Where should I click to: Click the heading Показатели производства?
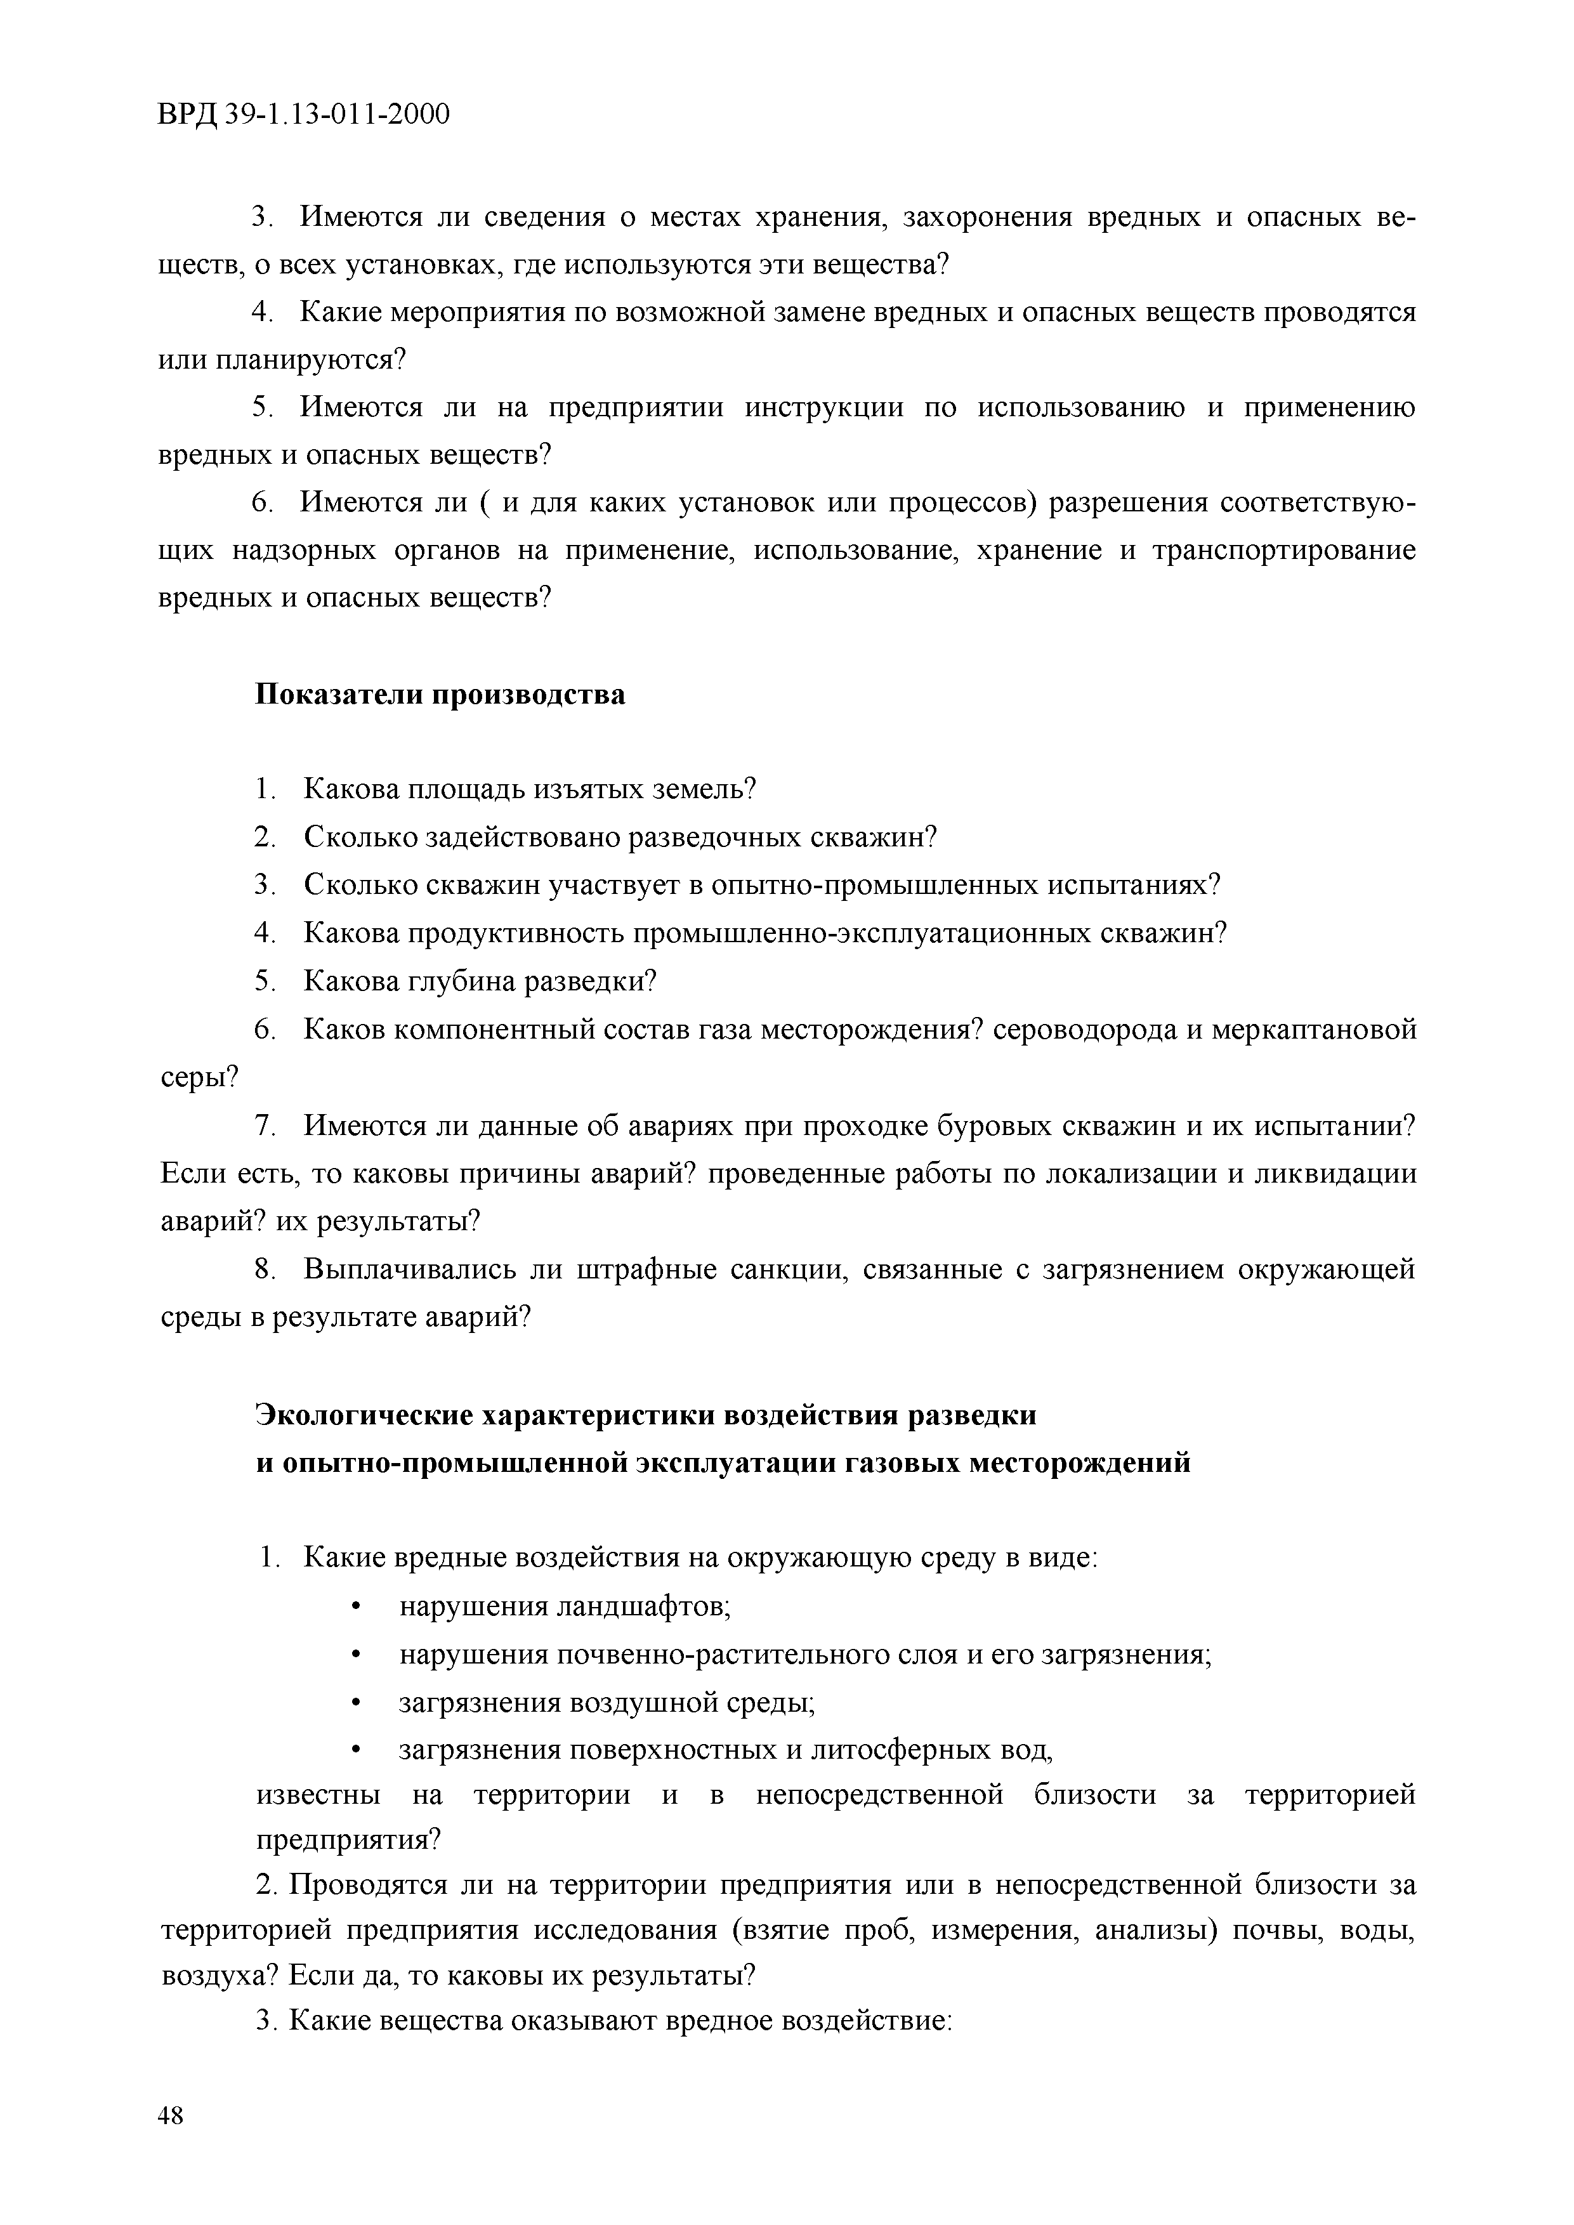click(440, 695)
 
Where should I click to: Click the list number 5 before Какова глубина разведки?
click(265, 981)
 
